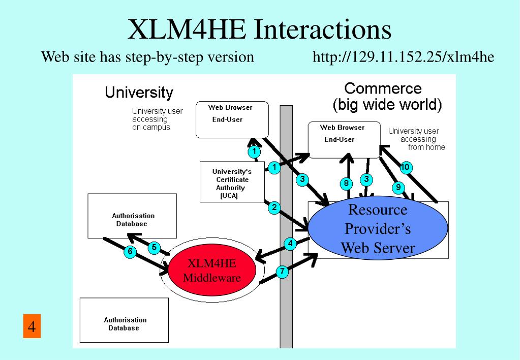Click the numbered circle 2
click(x=274, y=207)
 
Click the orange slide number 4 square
click(x=31, y=326)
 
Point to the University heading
click(x=139, y=93)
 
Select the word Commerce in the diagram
click(x=383, y=88)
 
